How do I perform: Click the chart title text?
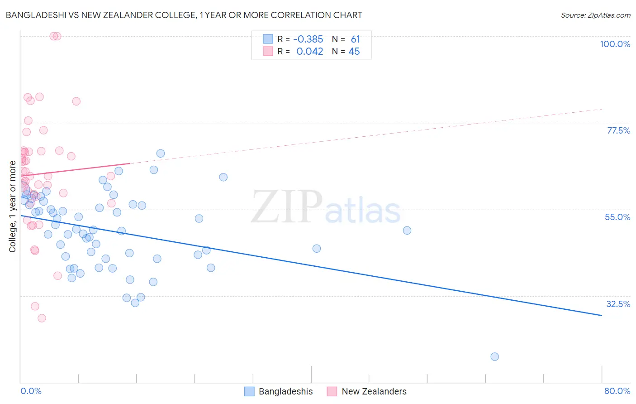coord(184,15)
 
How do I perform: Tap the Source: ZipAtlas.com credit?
coord(595,15)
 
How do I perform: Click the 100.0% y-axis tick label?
coord(615,44)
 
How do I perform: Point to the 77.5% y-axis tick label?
coord(618,130)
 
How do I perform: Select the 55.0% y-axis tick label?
coord(617,217)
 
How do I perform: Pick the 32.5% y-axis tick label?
coord(618,304)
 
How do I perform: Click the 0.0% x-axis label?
coord(31,391)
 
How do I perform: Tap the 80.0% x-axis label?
coord(617,391)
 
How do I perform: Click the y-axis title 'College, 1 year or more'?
coord(13,207)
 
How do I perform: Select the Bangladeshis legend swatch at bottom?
coord(249,391)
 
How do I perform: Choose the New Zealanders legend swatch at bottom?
coord(332,391)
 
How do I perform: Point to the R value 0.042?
coord(310,52)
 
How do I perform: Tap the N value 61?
coord(355,39)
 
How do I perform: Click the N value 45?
coord(354,52)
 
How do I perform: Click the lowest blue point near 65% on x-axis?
coord(494,356)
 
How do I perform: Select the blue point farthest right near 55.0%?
coord(407,230)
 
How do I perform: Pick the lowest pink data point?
coord(42,318)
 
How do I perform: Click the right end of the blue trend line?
coord(602,315)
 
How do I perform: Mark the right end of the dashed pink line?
coord(602,109)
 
